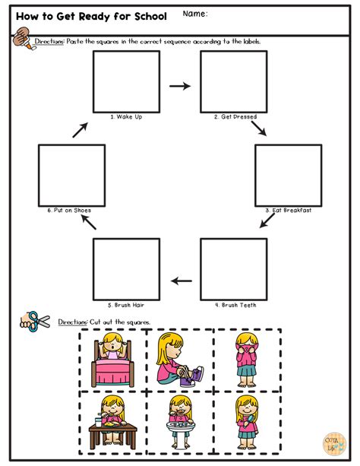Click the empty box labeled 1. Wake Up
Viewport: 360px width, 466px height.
click(x=126, y=81)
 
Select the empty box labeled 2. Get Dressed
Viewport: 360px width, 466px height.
click(x=233, y=81)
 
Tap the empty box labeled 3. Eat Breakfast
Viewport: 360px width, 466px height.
click(x=288, y=174)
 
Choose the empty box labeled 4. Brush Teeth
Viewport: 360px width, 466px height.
click(x=233, y=269)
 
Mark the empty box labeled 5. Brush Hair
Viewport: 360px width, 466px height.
click(x=126, y=269)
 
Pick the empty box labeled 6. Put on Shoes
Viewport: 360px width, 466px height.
click(x=72, y=174)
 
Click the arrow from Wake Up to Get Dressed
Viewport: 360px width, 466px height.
click(x=180, y=86)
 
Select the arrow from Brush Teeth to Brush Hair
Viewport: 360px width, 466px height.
click(x=181, y=281)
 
